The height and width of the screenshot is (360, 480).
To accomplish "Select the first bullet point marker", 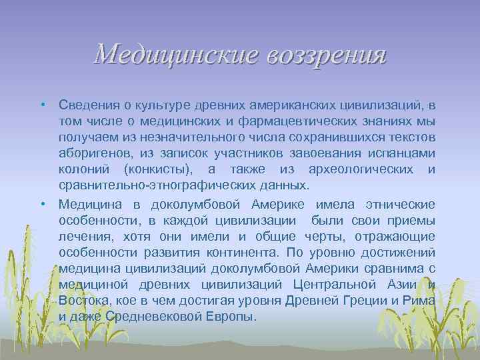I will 42,105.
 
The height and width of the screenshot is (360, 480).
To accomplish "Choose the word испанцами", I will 404,153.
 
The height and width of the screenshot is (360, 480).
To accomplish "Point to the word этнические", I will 399,204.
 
